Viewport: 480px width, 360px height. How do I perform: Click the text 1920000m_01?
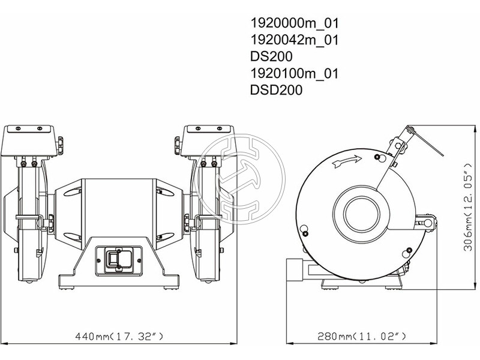pos(295,23)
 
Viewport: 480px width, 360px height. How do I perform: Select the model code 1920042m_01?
pos(295,40)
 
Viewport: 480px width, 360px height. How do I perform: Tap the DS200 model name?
pos(271,56)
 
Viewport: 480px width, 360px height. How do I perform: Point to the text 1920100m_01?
pos(295,73)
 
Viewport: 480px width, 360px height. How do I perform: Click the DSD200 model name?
pos(276,90)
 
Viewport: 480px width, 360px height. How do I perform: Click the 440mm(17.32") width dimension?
pos(119,337)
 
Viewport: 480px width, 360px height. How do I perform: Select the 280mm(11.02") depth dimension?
pos(362,337)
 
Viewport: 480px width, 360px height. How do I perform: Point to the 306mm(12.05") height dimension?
pos(469,207)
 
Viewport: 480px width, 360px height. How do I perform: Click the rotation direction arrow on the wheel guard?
pos(347,161)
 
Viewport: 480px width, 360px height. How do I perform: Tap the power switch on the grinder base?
pos(119,260)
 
